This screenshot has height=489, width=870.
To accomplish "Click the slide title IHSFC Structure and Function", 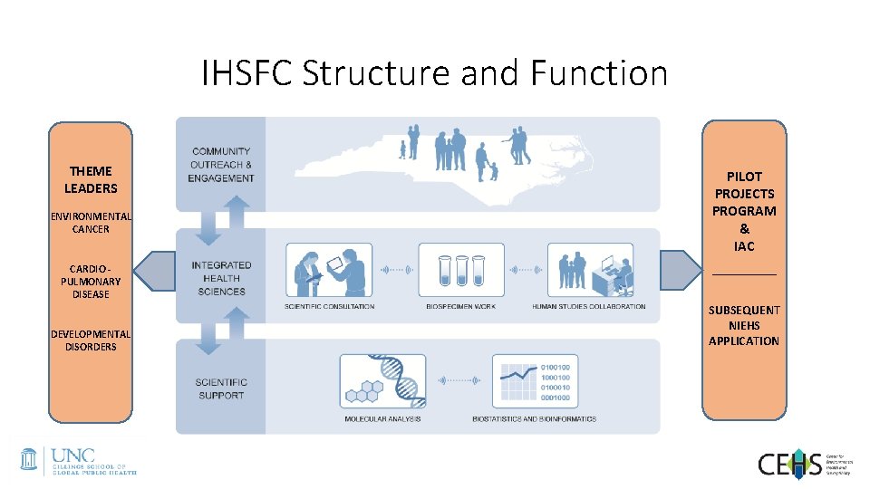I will [434, 73].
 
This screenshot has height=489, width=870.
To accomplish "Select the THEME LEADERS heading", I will [91, 179].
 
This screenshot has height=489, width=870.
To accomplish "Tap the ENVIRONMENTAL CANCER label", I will [91, 223].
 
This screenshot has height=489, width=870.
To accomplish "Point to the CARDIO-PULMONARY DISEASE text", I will [91, 281].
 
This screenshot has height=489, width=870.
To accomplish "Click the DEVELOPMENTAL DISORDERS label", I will [91, 340].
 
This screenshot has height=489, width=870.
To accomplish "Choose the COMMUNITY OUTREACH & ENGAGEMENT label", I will [221, 165].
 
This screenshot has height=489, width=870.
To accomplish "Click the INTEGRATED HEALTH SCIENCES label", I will [221, 278].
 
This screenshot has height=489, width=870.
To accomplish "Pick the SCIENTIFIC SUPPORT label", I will [221, 388].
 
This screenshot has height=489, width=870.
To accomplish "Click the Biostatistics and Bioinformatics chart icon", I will [534, 381].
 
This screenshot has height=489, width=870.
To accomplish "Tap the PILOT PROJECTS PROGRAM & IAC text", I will [744, 211].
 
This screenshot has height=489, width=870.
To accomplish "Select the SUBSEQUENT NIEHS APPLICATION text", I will [744, 325].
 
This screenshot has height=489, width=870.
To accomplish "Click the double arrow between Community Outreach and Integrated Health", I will [220, 220].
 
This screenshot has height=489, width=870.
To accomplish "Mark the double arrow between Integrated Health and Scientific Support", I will [220, 331].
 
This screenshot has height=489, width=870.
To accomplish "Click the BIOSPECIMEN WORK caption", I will [460, 307].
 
